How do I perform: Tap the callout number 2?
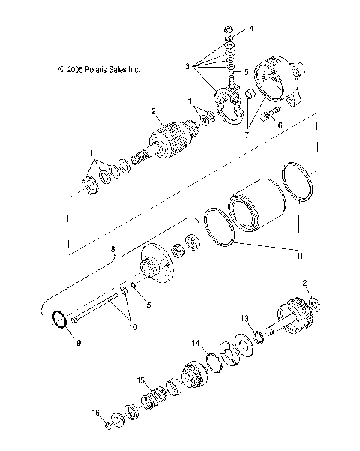pyautogui.click(x=153, y=113)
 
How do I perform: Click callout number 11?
pyautogui.click(x=301, y=257)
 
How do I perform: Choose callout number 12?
pyautogui.click(x=303, y=283)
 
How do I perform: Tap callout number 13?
pyautogui.click(x=265, y=318)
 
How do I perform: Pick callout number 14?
pyautogui.click(x=196, y=342)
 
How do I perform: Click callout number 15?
pyautogui.click(x=139, y=380)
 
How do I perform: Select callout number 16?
pyautogui.click(x=95, y=412)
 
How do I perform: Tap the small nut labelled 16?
pyautogui.click(x=106, y=424)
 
